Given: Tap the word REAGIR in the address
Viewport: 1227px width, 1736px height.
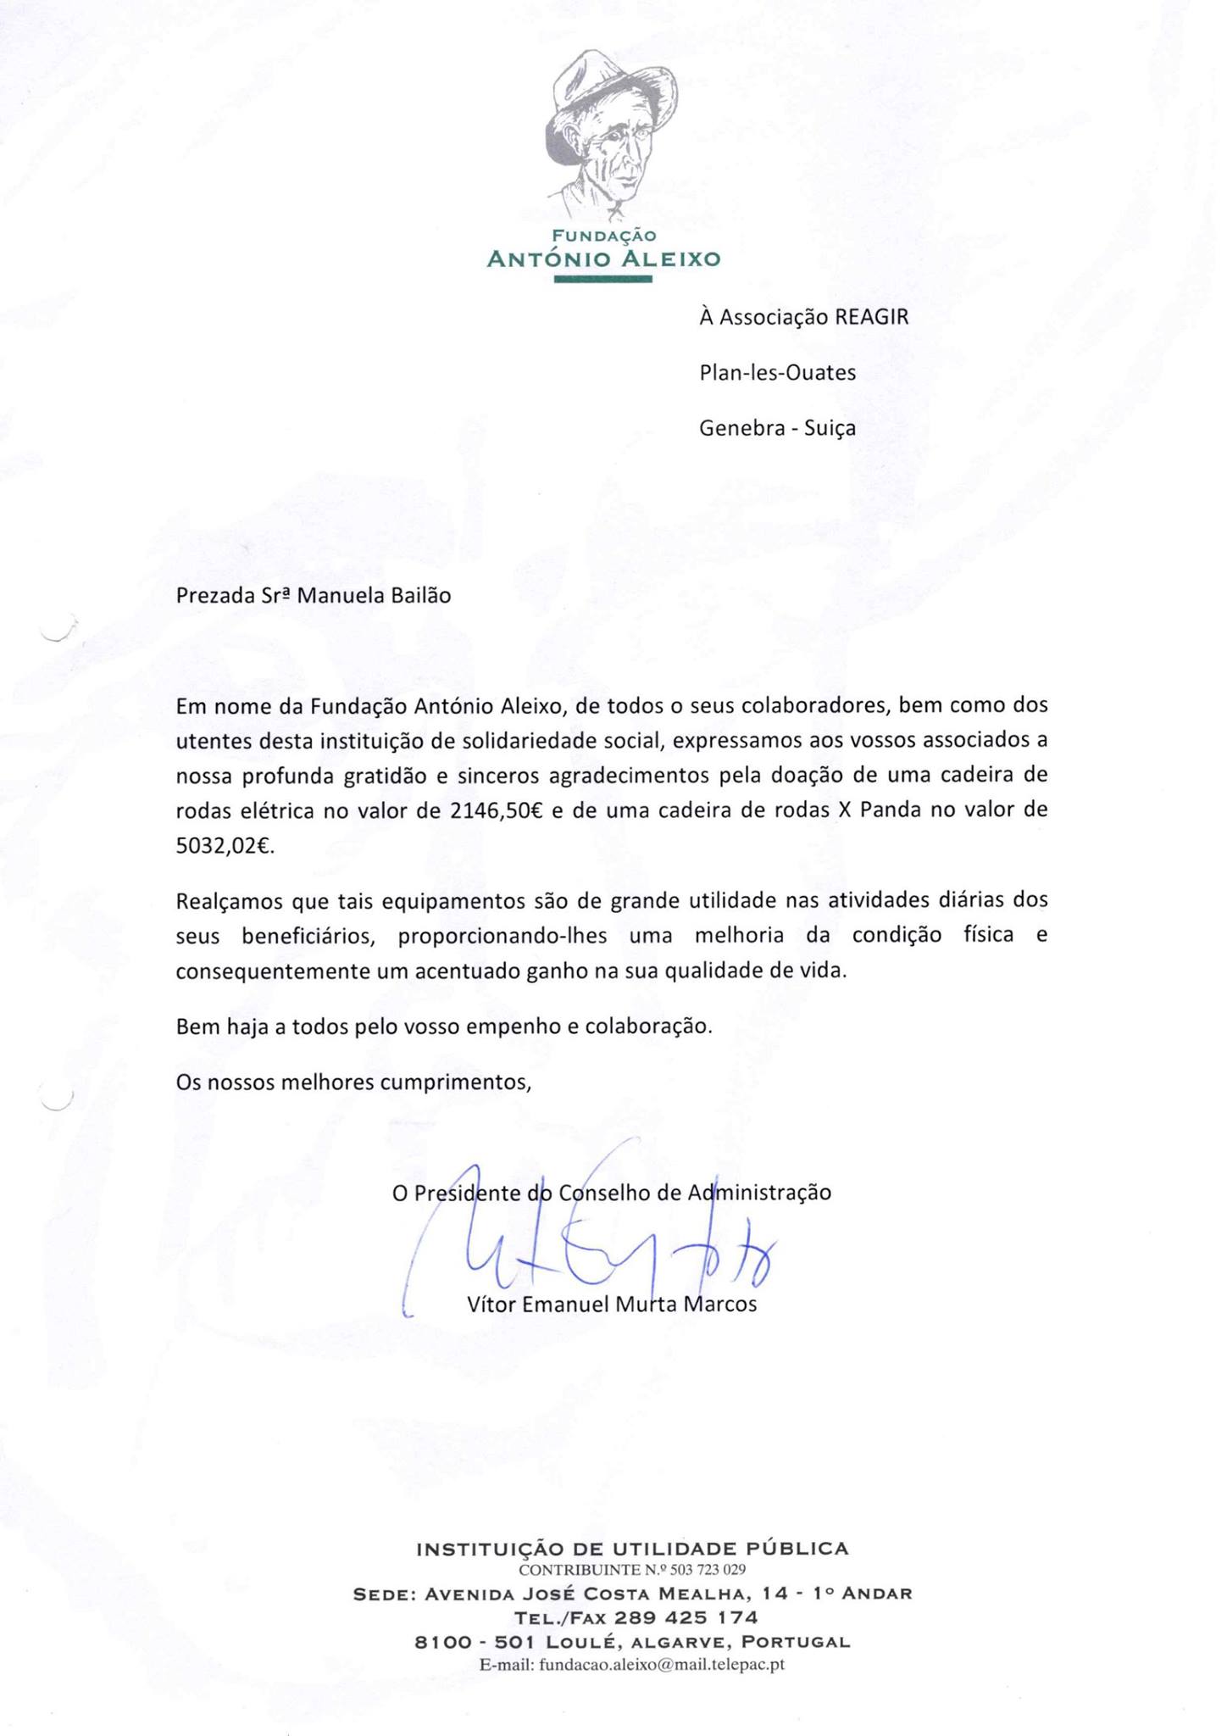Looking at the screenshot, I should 871,317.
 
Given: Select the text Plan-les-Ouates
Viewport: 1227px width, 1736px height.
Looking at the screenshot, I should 777,372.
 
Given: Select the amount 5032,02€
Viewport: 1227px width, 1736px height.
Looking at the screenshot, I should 225,846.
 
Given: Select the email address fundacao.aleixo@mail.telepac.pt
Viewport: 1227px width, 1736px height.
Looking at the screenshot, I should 662,1664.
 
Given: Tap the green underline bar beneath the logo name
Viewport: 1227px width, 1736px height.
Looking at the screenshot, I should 602,279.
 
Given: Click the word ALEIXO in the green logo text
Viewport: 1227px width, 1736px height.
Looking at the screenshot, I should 669,259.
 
